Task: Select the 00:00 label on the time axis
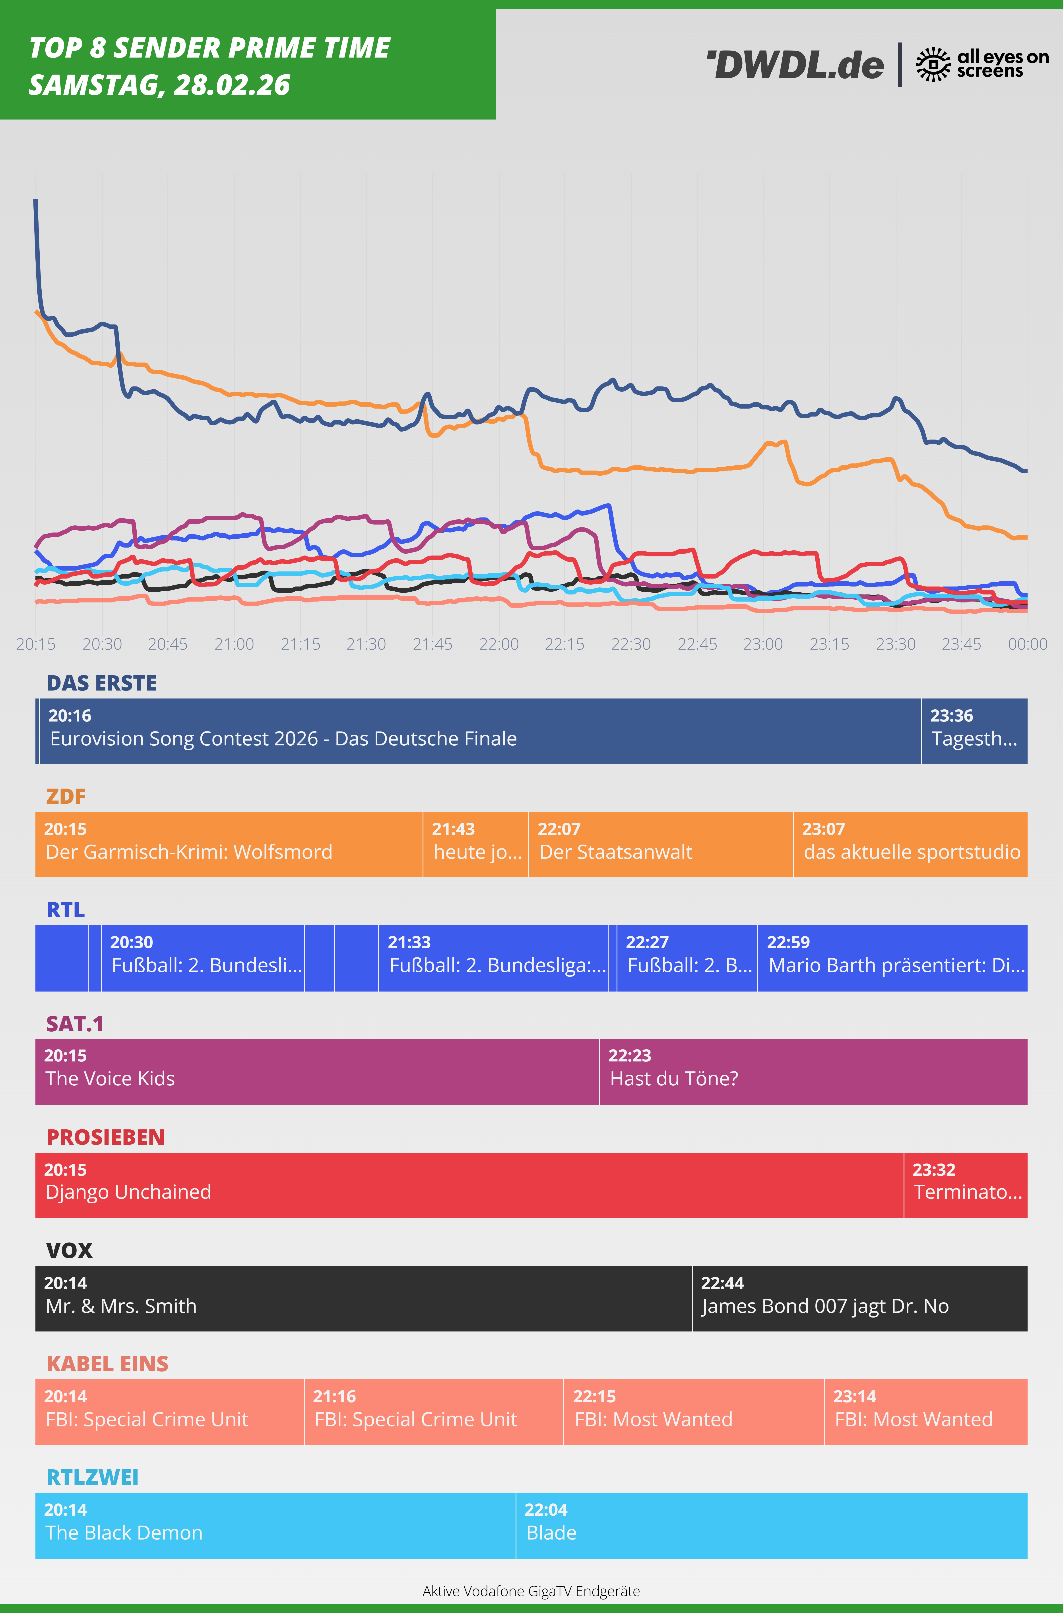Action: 1027,644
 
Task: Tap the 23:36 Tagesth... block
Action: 974,731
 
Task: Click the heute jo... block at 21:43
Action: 475,844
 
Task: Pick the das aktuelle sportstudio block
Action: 910,844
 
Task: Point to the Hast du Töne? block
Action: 813,1071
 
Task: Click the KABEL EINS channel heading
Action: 107,1364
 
